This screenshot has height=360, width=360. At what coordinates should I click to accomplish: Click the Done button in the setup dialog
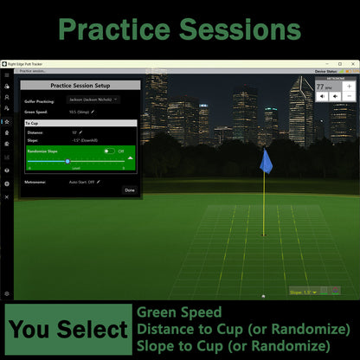(x=130, y=190)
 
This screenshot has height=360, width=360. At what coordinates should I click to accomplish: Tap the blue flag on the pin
(x=267, y=161)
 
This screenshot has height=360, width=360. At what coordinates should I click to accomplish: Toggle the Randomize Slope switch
(x=109, y=151)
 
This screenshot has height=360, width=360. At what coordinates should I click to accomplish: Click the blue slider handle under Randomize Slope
(x=68, y=161)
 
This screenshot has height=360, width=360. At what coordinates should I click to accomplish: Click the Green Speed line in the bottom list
(x=178, y=312)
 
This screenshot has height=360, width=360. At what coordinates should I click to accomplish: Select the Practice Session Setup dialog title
(x=80, y=86)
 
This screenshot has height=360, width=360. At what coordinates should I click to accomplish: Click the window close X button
(x=354, y=63)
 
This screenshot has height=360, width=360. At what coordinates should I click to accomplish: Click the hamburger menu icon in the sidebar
(x=6, y=74)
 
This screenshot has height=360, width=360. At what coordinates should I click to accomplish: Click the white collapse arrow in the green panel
(x=130, y=157)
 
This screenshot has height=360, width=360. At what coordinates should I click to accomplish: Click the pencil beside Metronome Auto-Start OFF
(x=98, y=182)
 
